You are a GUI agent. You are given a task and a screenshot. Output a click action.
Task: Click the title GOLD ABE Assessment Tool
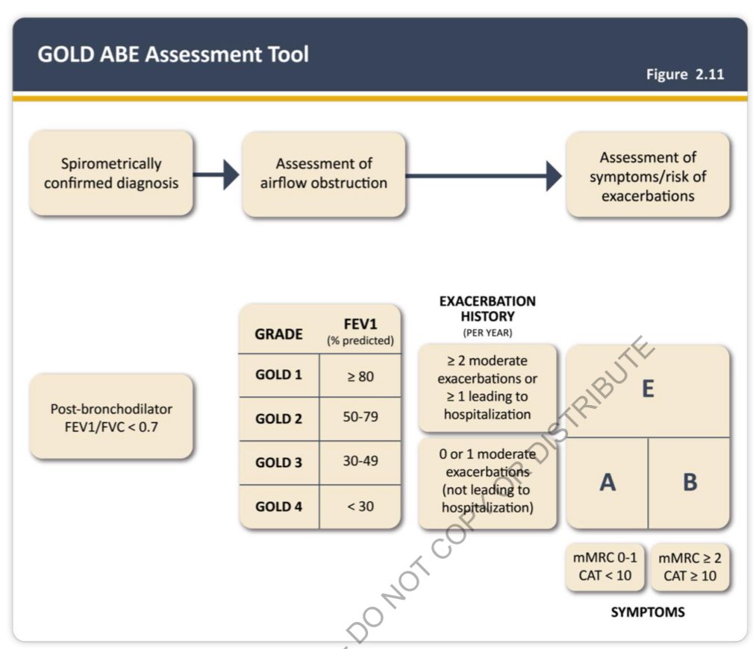click(x=172, y=54)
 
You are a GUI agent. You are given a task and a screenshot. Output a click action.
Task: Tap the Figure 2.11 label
click(x=684, y=74)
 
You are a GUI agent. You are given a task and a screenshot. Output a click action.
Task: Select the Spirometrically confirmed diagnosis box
click(x=111, y=173)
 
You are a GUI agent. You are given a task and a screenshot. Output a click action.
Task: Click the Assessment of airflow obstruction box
click(x=323, y=173)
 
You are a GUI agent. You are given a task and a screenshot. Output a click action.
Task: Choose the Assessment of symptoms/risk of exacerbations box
click(x=647, y=177)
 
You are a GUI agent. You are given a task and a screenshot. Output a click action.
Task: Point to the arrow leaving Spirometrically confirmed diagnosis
click(x=217, y=175)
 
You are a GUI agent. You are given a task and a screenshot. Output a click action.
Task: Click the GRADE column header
click(x=278, y=334)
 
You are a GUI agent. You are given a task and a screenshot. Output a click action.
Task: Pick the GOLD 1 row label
click(x=278, y=375)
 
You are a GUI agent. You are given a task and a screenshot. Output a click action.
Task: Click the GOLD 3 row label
click(x=278, y=463)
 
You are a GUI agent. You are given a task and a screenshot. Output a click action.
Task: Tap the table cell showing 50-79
click(x=360, y=418)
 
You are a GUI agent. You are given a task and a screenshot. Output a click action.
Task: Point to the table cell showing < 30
click(x=360, y=507)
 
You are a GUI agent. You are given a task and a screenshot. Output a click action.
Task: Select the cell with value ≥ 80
click(x=360, y=376)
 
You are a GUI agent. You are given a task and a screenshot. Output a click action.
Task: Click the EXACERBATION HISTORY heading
click(x=487, y=310)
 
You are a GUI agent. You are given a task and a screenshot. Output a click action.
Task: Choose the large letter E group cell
click(x=648, y=390)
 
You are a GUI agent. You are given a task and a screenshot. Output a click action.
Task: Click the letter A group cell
click(x=607, y=483)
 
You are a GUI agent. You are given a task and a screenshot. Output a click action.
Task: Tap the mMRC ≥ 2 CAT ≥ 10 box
click(x=689, y=567)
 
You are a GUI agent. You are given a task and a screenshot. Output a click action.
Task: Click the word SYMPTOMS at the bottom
click(x=647, y=612)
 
